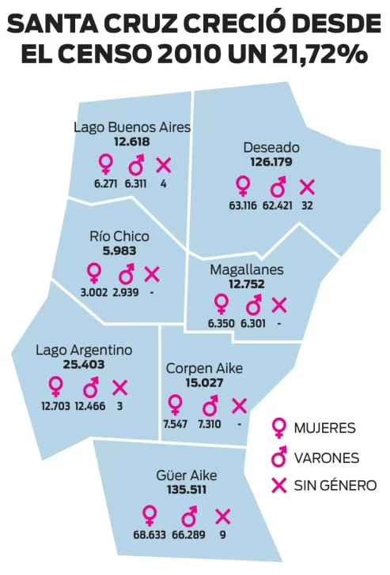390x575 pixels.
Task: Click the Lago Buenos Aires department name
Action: point(131,126)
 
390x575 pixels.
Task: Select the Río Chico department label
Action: point(119,236)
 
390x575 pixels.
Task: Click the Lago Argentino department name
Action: point(84,350)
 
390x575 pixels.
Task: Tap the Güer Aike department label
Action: point(187,475)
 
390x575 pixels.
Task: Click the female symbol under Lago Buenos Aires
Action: point(104,164)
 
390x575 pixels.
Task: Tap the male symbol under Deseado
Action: point(278,187)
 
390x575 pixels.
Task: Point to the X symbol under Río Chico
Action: point(151,274)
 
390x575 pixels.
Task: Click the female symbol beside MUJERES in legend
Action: point(278,428)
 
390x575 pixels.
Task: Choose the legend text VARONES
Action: point(327,458)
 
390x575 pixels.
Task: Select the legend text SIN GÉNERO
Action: point(335,486)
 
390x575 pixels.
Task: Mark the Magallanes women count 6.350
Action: point(221,323)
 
